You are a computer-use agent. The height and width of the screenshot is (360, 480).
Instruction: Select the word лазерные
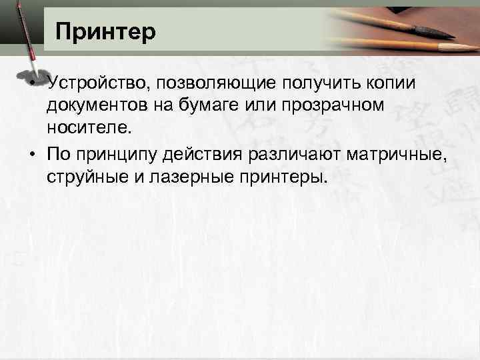175,176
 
